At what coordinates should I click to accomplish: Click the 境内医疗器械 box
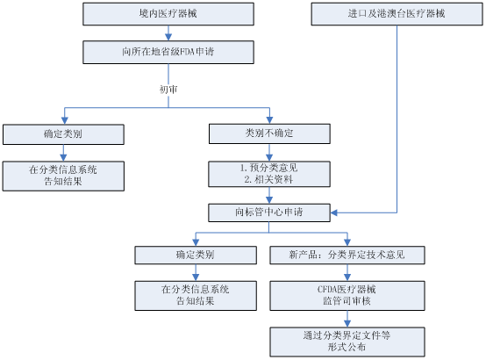pos(168,14)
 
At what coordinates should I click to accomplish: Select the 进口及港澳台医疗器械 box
pos(397,14)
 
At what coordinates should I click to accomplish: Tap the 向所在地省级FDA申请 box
pos(168,52)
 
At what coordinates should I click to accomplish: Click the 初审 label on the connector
pos(168,90)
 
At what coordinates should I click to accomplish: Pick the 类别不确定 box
pos(269,133)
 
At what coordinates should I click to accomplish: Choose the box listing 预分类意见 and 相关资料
pos(269,174)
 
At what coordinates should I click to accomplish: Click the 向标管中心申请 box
pos(269,212)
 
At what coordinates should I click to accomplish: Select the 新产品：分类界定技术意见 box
pos(347,256)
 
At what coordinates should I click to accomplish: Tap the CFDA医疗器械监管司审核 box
pos(347,295)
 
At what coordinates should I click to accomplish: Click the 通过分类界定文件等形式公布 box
pos(347,342)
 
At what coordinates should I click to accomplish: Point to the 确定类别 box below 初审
pos(63,134)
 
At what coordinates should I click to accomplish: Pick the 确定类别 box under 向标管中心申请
pos(196,256)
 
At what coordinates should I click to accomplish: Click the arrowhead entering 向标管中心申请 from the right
pos(334,212)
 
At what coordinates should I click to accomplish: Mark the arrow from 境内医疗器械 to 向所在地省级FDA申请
pos(168,32)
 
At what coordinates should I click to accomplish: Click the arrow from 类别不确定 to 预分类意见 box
pos(269,153)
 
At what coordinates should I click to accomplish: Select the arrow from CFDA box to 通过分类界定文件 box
pos(347,319)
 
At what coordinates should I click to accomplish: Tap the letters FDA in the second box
pos(187,52)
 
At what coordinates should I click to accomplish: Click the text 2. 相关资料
pos(268,179)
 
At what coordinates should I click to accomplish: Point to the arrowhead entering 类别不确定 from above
pos(269,120)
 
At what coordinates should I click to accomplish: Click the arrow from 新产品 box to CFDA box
pos(347,273)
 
